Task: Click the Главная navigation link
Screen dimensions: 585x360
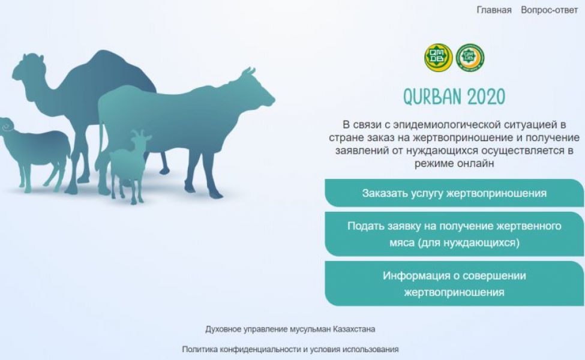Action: tap(494, 10)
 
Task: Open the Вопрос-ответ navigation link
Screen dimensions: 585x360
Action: tap(549, 10)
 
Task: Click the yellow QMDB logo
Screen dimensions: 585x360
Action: tap(439, 58)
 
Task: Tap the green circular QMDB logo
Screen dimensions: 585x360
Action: tap(470, 58)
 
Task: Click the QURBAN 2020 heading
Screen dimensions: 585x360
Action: tap(454, 97)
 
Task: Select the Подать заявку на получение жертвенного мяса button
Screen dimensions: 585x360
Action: tap(454, 234)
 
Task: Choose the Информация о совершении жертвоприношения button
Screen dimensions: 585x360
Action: tap(454, 284)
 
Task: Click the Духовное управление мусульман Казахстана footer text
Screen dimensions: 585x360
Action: tap(290, 329)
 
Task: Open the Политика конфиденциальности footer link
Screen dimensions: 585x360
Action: tap(290, 350)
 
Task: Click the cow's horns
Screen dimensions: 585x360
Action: tap(248, 71)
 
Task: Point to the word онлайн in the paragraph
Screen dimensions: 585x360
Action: tap(475, 163)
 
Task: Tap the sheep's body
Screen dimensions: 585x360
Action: tap(41, 149)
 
